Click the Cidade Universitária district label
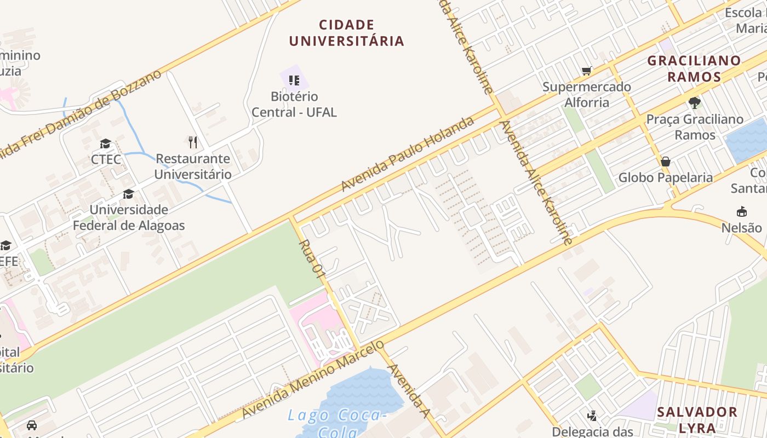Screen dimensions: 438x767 [346, 33]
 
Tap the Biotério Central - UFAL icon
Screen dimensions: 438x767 [294, 81]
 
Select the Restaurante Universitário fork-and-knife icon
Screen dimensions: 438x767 [192, 142]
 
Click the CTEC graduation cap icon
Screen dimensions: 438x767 [105, 144]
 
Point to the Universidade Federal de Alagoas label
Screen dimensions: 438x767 [129, 217]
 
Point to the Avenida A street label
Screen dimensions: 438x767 [408, 390]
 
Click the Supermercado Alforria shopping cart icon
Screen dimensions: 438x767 [587, 71]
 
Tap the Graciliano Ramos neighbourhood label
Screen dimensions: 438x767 [694, 68]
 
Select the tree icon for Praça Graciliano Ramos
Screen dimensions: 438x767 [695, 102]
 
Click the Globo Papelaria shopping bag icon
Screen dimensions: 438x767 [666, 162]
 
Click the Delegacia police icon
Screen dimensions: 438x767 [592, 417]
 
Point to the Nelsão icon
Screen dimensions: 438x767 [742, 211]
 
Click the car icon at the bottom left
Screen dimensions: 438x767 [32, 425]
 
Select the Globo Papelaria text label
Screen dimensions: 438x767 [666, 177]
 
